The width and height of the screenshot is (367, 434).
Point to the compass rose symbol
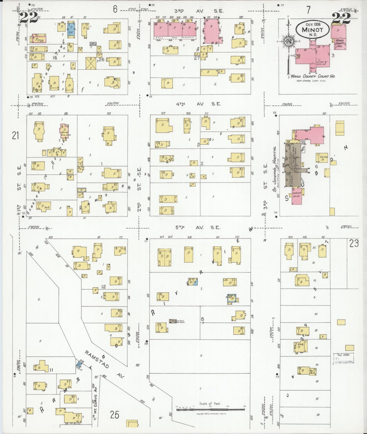coord(289,41)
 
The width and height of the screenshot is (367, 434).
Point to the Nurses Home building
coord(297,196)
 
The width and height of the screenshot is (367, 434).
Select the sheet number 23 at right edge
coord(354,244)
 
